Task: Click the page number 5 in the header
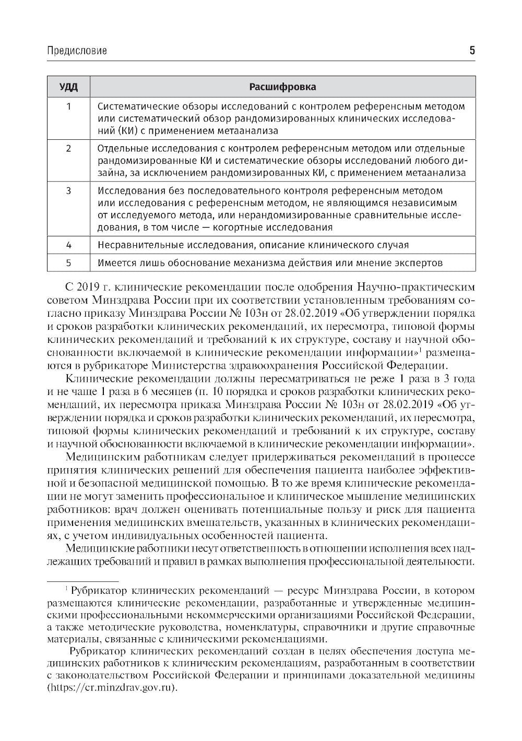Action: [472, 51]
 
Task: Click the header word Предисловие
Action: [77, 51]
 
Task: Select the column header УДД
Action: [68, 87]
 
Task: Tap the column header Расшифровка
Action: [282, 87]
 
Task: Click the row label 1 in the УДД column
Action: [68, 106]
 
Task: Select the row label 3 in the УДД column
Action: [68, 191]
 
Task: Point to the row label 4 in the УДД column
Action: [68, 245]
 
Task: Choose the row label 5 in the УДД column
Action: [68, 263]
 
